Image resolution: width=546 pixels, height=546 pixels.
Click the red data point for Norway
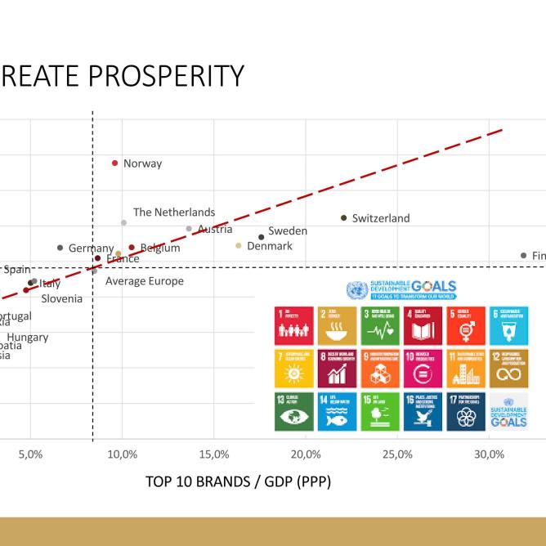[x=115, y=163]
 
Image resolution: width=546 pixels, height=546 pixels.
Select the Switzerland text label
[x=380, y=218]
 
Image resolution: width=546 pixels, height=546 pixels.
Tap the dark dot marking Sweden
[x=262, y=237]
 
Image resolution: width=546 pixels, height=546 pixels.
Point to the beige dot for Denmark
[x=239, y=245]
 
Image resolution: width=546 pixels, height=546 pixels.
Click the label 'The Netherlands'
[x=174, y=213]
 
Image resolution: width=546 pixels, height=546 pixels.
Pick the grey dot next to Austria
[x=189, y=229]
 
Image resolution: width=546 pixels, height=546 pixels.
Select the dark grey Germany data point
[x=60, y=248]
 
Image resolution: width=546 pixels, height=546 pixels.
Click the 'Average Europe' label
[x=145, y=281]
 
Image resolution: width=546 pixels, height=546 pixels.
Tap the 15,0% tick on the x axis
[x=214, y=454]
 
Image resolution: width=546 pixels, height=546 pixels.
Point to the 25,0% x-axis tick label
[x=397, y=454]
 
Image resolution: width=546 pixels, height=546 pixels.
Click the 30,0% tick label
[x=489, y=454]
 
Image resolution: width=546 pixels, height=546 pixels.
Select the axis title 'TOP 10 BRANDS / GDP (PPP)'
[x=238, y=481]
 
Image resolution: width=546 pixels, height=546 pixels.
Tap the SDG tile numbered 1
[x=293, y=325]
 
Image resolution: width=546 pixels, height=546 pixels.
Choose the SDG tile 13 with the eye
[x=293, y=411]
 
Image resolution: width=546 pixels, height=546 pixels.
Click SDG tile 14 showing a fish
[x=336, y=411]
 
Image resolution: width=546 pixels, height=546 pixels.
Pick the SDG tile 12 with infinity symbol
[x=508, y=369]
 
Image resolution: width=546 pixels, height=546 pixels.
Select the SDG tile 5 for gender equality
[x=465, y=325]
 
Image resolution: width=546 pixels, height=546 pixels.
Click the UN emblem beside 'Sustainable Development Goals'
[x=356, y=289]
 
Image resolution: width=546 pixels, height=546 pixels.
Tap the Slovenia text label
[x=62, y=298]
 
